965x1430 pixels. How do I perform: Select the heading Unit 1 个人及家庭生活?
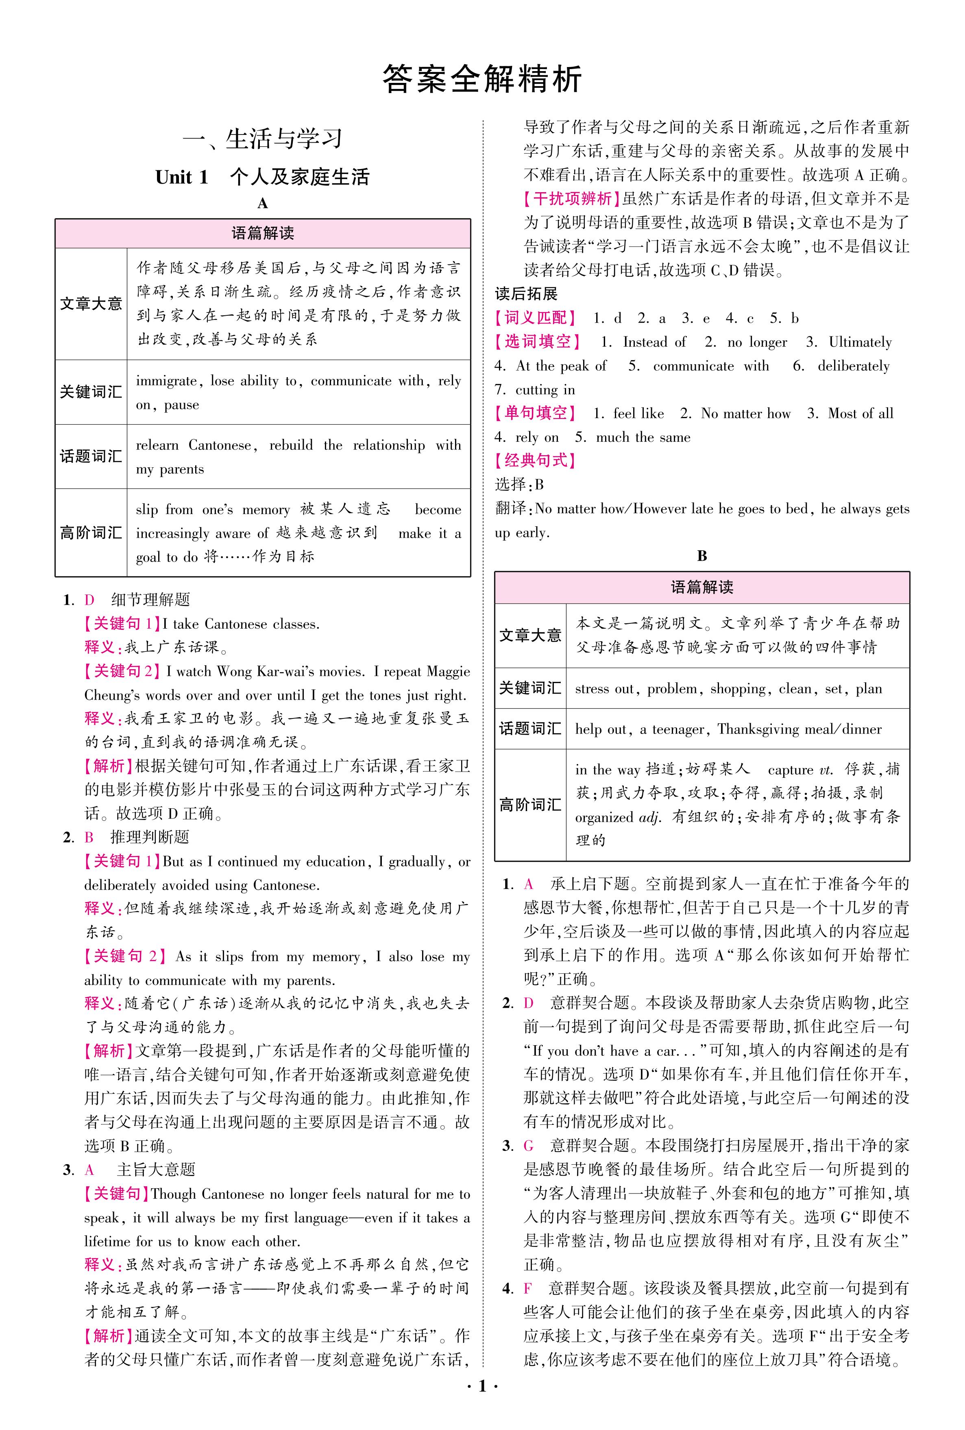[x=263, y=177]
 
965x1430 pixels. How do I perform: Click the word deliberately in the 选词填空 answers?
[x=853, y=367]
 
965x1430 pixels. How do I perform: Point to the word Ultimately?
[x=860, y=343]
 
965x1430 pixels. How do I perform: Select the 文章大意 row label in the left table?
[x=91, y=304]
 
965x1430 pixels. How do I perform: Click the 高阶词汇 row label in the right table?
[x=530, y=805]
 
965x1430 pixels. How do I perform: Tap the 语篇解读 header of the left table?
[x=263, y=233]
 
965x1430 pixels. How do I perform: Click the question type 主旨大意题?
[x=156, y=1170]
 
